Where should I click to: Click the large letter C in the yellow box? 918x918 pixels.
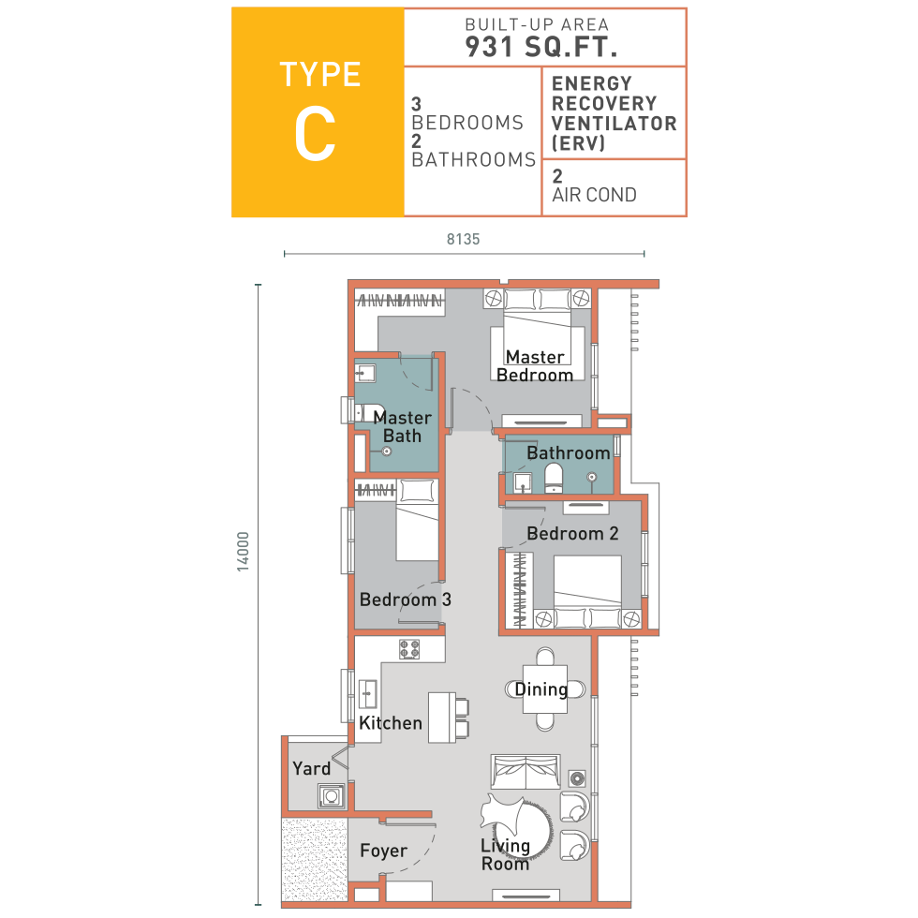click(x=315, y=135)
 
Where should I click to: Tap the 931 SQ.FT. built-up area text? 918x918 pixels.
click(x=541, y=47)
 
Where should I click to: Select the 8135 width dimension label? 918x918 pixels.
click(x=463, y=239)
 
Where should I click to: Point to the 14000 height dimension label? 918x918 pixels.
click(x=243, y=552)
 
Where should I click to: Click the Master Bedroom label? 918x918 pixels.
click(x=535, y=366)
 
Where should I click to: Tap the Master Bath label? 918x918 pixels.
click(x=402, y=427)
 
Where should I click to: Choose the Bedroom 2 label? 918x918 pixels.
click(x=572, y=533)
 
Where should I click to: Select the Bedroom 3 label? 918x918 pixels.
click(x=405, y=600)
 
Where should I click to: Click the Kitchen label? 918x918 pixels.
click(x=391, y=723)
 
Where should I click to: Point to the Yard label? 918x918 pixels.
click(x=311, y=768)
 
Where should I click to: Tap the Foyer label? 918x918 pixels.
click(x=383, y=851)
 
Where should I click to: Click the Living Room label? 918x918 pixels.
click(x=505, y=854)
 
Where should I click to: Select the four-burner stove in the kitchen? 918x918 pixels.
click(x=409, y=649)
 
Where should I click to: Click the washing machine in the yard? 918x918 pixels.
click(x=331, y=796)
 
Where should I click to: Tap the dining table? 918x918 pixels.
click(x=545, y=689)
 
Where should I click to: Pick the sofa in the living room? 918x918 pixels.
click(x=526, y=772)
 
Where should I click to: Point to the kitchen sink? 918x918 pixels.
click(x=367, y=694)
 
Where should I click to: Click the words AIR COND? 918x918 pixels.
click(x=594, y=195)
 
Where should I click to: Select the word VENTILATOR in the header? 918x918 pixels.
click(x=614, y=124)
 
